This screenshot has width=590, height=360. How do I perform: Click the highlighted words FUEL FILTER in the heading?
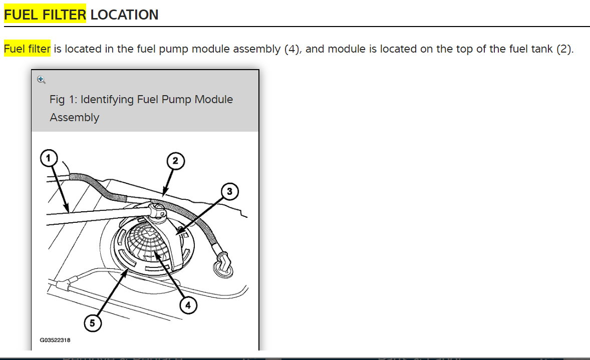pos(45,15)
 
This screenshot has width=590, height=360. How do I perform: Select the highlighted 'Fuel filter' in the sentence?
pos(27,49)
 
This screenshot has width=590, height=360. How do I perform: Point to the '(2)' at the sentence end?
pos(564,49)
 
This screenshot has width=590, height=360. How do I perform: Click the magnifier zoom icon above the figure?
pos(41,80)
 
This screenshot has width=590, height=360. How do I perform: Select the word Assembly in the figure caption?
pos(74,117)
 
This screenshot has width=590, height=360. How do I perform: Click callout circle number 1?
pos(49,159)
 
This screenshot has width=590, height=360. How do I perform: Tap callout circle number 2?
pos(175,161)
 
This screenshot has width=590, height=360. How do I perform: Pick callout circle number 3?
pos(229,191)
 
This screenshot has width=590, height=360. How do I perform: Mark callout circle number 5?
pos(92,323)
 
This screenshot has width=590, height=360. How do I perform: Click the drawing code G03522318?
pos(55,340)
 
